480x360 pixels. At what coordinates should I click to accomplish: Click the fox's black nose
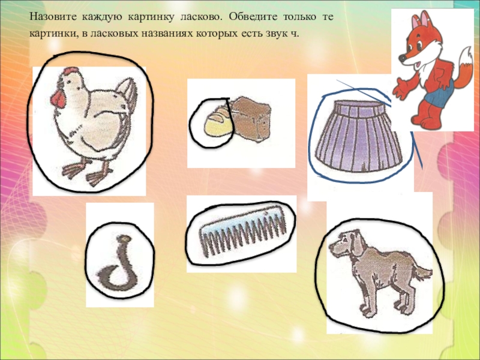pos(402,58)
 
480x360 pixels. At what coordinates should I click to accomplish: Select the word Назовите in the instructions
pos(53,17)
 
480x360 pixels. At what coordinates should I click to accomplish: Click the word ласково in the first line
pos(200,17)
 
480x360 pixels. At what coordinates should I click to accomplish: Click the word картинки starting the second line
pos(53,34)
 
